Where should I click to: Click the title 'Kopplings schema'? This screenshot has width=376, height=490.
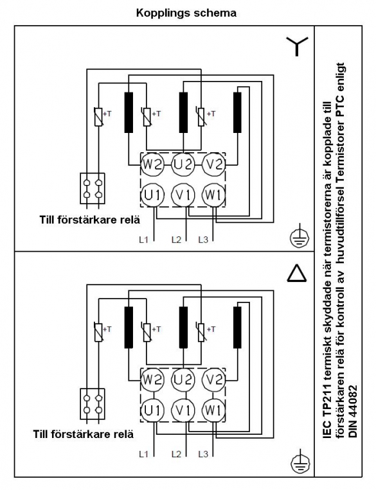186,13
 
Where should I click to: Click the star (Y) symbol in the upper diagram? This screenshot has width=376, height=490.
297,45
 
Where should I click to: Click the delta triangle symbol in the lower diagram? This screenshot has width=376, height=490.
296,272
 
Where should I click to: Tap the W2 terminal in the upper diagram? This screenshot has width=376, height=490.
152,164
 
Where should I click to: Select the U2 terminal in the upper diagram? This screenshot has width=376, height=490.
183,164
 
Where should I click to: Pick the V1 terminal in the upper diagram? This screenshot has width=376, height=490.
183,195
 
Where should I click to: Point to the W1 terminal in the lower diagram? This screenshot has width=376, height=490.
213,410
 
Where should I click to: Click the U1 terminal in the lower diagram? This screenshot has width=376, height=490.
152,410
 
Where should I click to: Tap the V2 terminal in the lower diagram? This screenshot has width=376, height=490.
214,380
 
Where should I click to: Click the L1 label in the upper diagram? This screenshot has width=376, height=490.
143,240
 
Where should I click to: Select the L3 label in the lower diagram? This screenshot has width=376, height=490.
203,454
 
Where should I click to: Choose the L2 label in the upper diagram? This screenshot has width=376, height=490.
176,240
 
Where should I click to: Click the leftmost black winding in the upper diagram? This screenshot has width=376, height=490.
129,112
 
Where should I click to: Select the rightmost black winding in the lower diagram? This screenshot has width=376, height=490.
237,328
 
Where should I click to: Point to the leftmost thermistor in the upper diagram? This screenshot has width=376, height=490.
98,117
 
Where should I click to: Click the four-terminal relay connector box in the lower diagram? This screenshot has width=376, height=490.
93,404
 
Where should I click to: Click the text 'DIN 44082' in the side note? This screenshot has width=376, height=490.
353,411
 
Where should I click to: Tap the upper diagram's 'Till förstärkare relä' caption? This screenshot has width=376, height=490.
90,220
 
